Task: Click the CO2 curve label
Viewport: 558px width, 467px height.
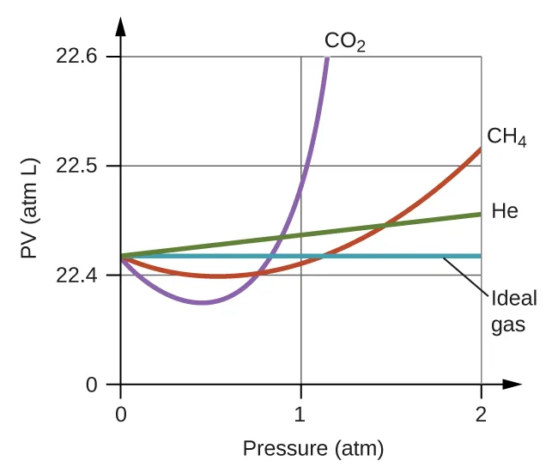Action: (x=345, y=41)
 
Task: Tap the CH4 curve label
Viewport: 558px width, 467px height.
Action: (x=506, y=137)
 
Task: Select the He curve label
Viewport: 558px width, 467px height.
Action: (x=505, y=210)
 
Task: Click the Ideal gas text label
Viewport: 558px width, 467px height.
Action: (x=514, y=312)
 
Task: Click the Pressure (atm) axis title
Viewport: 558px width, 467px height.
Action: (x=312, y=448)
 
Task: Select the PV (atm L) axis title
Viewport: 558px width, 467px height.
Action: (x=32, y=221)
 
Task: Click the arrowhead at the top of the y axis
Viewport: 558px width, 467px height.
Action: (x=120, y=24)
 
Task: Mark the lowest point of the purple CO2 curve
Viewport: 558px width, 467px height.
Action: (x=203, y=302)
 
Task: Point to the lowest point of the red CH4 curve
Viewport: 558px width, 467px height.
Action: (x=221, y=276)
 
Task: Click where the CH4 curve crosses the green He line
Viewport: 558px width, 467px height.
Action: (x=385, y=226)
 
